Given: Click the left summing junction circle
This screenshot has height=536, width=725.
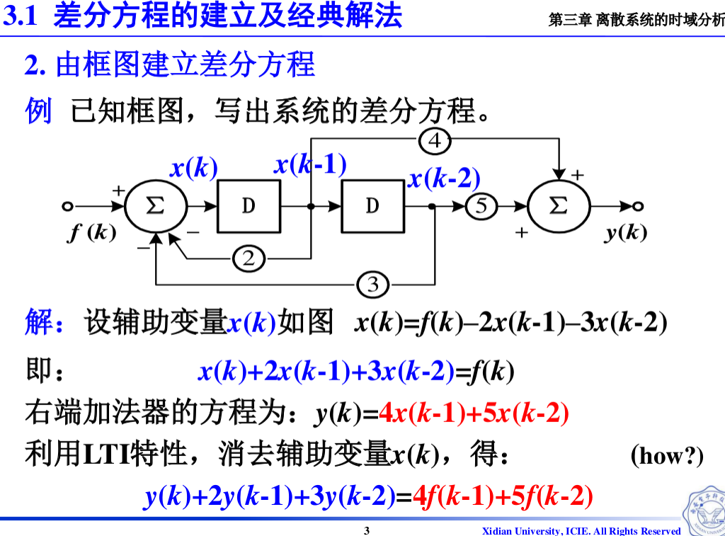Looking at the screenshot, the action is [156, 206].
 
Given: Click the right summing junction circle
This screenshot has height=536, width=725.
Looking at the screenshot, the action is [559, 206].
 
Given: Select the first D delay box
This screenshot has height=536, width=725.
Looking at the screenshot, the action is [249, 206].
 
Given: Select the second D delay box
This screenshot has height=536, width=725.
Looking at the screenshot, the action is [372, 206].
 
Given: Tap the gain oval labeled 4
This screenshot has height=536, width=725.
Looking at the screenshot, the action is [435, 142].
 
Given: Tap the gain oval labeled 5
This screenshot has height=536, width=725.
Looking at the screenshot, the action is [481, 206].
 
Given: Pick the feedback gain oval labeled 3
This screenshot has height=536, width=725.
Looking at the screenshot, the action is [372, 285].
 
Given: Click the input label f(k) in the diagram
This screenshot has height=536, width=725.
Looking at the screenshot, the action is [92, 232].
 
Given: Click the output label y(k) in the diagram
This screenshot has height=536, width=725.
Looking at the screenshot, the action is [626, 232].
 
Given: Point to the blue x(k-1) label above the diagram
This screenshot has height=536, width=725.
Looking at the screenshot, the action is [310, 165].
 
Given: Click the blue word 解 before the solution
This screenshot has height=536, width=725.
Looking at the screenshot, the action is [38, 322].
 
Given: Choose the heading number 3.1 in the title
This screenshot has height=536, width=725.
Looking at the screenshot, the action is [21, 16].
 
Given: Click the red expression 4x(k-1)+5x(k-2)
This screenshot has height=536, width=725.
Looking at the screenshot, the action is [474, 414].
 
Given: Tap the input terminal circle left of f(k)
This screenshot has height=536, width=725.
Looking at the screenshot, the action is [67, 206].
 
